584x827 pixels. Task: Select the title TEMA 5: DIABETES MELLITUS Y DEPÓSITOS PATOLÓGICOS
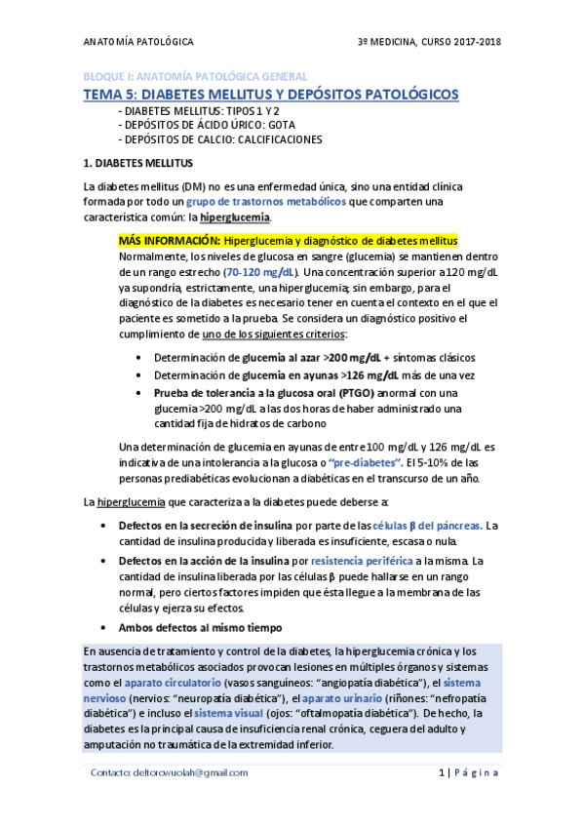point(270,94)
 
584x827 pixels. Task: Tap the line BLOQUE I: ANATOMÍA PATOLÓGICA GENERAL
point(194,76)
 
